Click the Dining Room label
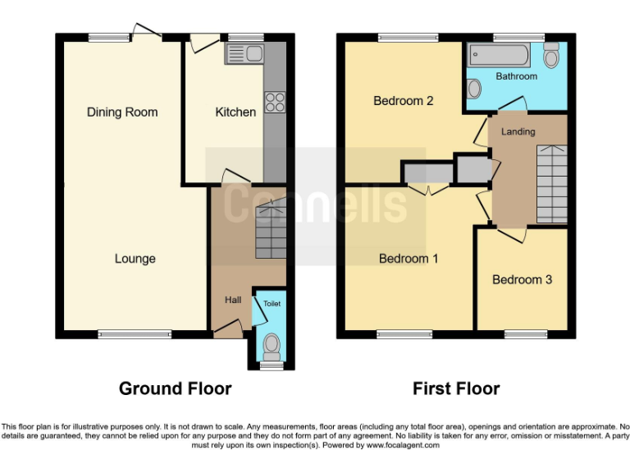click(122, 112)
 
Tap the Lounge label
click(135, 259)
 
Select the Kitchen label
click(235, 112)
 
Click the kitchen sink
click(244, 55)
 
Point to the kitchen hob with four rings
click(274, 103)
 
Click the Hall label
click(233, 300)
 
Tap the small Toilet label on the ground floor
click(272, 304)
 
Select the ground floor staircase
click(270, 232)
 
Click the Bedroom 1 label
click(409, 259)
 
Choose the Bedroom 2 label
click(403, 101)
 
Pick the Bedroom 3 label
click(522, 279)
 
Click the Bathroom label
click(517, 76)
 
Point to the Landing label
click(518, 131)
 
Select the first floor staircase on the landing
click(551, 183)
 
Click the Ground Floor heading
click(176, 388)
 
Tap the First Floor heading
click(456, 388)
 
